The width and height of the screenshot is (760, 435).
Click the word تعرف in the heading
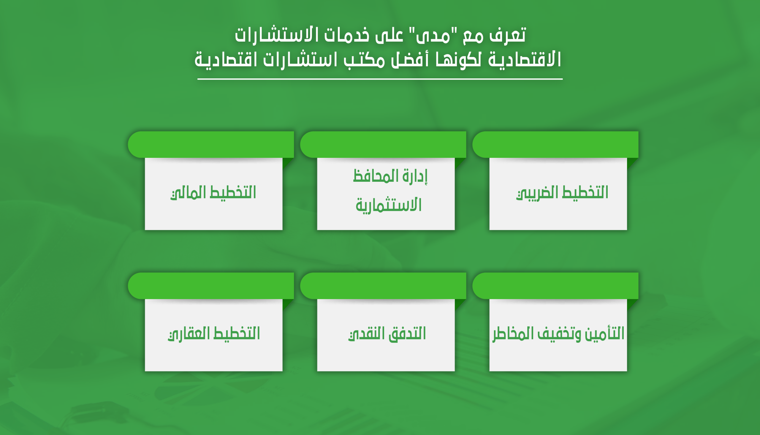[x=507, y=35]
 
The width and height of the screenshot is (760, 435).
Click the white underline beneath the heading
[x=380, y=79]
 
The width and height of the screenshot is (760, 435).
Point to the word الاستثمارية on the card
[x=389, y=205]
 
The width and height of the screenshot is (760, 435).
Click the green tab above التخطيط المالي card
[x=211, y=144]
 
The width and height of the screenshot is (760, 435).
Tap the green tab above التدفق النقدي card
[x=383, y=286]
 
